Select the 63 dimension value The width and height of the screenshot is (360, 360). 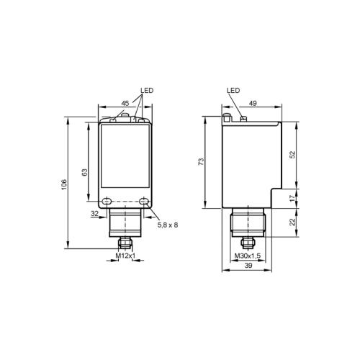tap(84, 172)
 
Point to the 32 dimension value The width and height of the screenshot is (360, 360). tap(94, 214)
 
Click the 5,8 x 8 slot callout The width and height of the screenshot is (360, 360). tap(167, 225)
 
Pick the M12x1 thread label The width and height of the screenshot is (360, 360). tap(126, 255)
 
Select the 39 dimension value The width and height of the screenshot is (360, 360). tap(248, 266)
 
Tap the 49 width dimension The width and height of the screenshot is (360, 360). tap(252, 103)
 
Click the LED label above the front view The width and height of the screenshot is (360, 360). tap(148, 91)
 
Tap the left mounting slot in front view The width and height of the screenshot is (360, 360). tap(107, 202)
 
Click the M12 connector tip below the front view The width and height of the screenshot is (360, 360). tap(125, 244)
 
